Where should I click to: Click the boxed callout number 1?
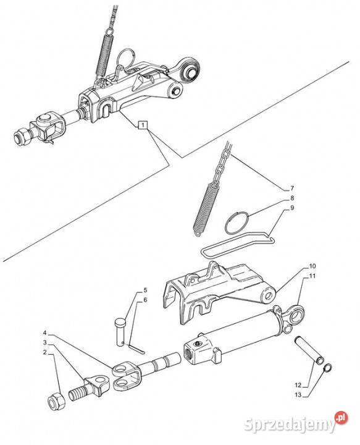[143, 125]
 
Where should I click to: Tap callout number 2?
[44, 352]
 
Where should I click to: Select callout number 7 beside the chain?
[292, 188]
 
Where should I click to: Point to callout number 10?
[312, 266]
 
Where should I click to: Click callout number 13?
[298, 395]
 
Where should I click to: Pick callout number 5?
[145, 290]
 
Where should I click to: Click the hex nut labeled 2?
[56, 401]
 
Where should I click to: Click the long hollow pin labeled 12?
[309, 350]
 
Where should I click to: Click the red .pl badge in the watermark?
[341, 417]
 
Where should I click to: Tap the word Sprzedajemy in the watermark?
[289, 425]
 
